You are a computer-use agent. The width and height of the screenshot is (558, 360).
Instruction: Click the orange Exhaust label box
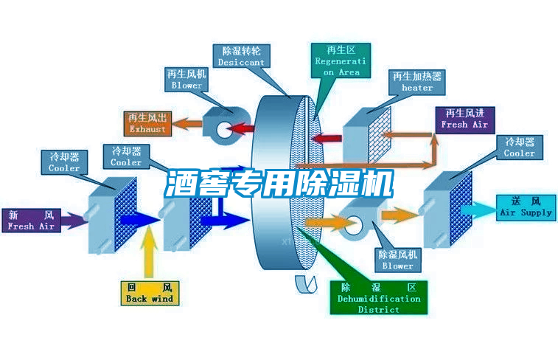(x=147, y=123)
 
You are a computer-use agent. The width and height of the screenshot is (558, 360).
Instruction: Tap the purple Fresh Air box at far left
(x=31, y=221)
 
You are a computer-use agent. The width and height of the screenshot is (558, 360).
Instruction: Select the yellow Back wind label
(x=149, y=293)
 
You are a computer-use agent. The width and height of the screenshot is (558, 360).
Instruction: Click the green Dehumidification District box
(x=378, y=297)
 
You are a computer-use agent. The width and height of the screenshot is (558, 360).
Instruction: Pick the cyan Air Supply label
(x=526, y=207)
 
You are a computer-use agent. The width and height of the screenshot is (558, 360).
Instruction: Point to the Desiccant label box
(x=241, y=57)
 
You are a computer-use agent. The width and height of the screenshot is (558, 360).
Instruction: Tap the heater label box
(x=417, y=82)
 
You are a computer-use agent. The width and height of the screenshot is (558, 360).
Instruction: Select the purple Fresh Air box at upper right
(x=464, y=119)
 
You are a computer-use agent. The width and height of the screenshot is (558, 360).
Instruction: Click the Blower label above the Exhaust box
(x=186, y=80)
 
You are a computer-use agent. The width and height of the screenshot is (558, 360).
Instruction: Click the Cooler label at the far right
(x=519, y=148)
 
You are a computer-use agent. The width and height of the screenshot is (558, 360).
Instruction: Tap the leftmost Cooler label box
(x=64, y=162)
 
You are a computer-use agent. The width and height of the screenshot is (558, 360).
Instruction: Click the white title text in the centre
(x=279, y=184)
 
